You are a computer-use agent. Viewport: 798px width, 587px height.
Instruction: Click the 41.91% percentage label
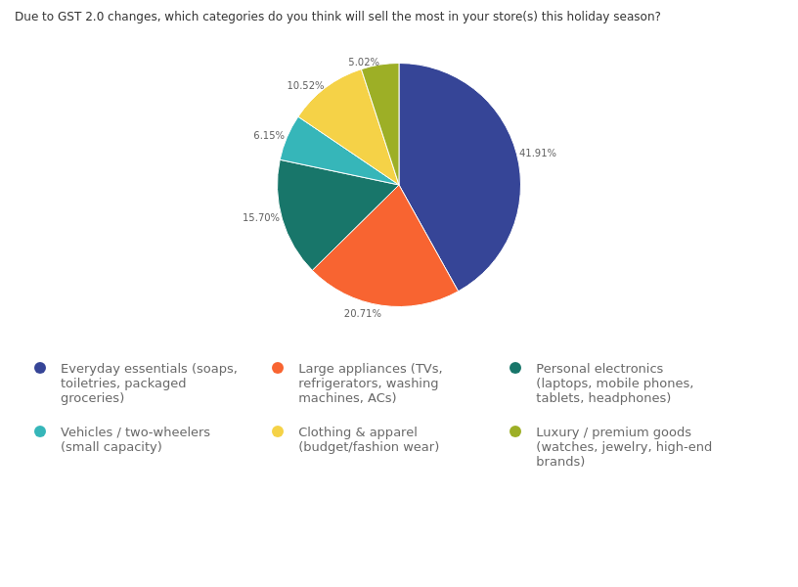click(537, 154)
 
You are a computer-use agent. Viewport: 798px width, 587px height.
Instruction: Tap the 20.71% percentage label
click(362, 314)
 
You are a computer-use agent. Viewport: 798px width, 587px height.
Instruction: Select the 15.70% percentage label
click(261, 218)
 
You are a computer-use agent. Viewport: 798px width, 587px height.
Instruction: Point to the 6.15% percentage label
click(269, 136)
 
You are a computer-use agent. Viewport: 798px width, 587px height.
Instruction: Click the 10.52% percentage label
click(305, 86)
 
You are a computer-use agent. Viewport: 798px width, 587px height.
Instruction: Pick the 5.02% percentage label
click(364, 63)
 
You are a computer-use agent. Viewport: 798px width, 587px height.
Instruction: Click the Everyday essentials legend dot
click(40, 368)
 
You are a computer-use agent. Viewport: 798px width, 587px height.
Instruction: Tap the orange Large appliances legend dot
click(278, 368)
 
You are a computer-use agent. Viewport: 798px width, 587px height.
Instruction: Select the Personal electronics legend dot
click(515, 368)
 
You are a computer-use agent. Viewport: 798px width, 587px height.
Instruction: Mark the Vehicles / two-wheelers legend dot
click(40, 431)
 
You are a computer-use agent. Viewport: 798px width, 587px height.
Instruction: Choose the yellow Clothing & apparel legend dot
click(278, 431)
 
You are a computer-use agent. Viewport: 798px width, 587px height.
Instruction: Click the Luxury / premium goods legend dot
click(515, 431)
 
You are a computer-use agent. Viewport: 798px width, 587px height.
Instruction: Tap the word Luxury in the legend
click(557, 432)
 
